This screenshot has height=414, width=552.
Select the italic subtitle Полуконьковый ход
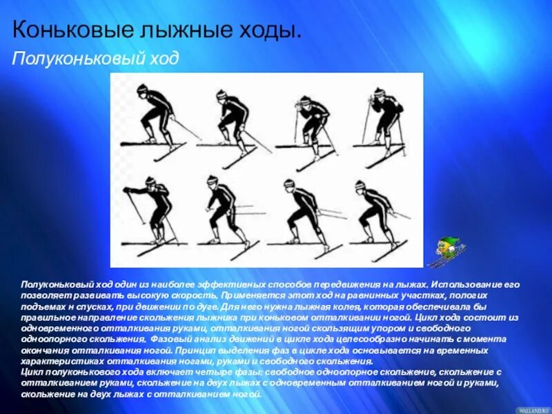pos(96,58)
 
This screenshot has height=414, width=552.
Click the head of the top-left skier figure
pos(143,90)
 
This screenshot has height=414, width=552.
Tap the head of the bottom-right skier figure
pos(359,186)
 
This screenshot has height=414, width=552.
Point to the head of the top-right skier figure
pos(379,92)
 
